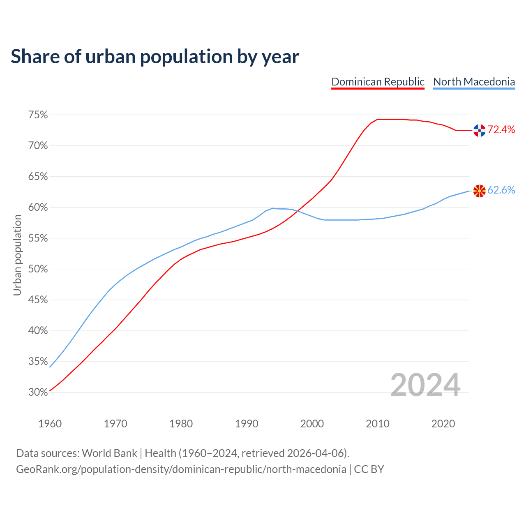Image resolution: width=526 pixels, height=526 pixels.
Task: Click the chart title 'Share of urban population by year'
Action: point(155,57)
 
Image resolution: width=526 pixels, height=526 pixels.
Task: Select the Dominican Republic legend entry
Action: point(378,82)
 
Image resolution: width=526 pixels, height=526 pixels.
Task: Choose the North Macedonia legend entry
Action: point(474,82)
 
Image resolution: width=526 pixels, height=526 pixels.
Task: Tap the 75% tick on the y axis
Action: point(38,115)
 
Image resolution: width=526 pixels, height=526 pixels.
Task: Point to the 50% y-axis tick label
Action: point(38,269)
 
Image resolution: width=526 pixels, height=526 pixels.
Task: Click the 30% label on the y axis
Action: point(38,392)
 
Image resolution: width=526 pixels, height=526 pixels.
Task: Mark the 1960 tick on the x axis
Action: point(50,424)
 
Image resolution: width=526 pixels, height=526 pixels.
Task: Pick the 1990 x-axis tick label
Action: point(247,424)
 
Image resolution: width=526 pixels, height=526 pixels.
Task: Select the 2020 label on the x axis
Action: point(443,424)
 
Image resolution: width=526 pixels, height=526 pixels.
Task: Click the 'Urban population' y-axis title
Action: point(17,255)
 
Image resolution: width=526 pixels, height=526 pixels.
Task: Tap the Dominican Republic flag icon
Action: point(479,130)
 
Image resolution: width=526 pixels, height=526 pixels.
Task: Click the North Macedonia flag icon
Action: point(479,191)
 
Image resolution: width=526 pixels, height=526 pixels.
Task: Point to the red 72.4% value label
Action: point(501,130)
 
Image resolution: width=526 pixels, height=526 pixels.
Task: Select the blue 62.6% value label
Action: point(501,190)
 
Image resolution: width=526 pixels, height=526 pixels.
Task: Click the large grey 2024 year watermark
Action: point(425,385)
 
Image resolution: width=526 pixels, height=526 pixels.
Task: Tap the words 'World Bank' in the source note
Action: point(109,453)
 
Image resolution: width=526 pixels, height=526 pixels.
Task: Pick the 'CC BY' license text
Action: point(369,469)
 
